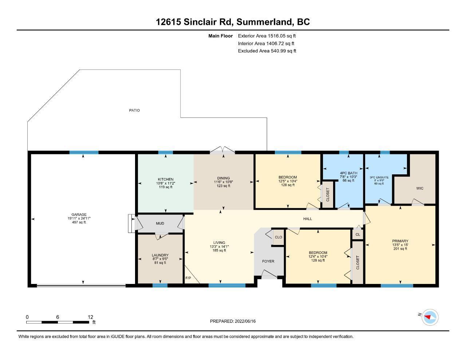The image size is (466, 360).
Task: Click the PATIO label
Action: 134,110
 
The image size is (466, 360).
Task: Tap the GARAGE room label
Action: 79,214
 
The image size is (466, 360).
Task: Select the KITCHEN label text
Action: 166,179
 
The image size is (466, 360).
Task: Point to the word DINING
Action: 224,178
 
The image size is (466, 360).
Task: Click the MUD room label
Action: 160,223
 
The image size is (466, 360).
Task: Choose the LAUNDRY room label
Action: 160,255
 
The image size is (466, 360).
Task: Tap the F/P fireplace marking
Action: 188,278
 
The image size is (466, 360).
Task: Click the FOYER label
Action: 268,261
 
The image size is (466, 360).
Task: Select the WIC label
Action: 420,188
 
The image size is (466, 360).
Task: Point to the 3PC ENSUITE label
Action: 379,177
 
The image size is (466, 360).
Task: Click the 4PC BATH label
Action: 348,173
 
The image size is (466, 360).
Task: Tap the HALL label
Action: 308,219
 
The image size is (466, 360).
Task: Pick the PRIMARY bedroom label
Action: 400,241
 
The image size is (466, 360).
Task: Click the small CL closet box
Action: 358,234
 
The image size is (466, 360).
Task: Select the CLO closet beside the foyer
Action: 279,237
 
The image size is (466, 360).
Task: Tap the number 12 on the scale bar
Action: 91,317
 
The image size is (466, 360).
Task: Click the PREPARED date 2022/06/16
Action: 245,321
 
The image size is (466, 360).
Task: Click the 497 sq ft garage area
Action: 79,222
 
